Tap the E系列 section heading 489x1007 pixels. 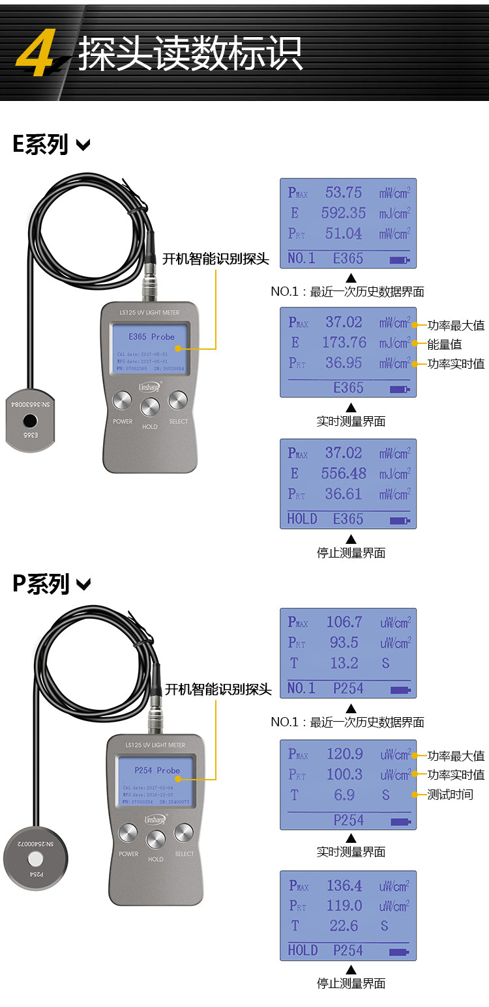(40, 144)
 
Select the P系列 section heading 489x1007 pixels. (41, 584)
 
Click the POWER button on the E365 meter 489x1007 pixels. (122, 401)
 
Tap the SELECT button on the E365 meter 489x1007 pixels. (177, 401)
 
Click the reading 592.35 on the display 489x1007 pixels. (344, 213)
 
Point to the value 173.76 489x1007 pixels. (344, 343)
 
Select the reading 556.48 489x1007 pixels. (344, 474)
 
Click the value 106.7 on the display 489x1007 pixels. (344, 622)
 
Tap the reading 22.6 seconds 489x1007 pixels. (344, 926)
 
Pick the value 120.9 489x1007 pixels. (344, 754)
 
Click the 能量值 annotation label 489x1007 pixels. (445, 345)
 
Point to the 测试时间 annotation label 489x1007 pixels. (450, 795)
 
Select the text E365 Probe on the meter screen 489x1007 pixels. (151, 337)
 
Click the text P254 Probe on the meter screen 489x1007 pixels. (157, 771)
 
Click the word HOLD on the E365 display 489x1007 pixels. (302, 519)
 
